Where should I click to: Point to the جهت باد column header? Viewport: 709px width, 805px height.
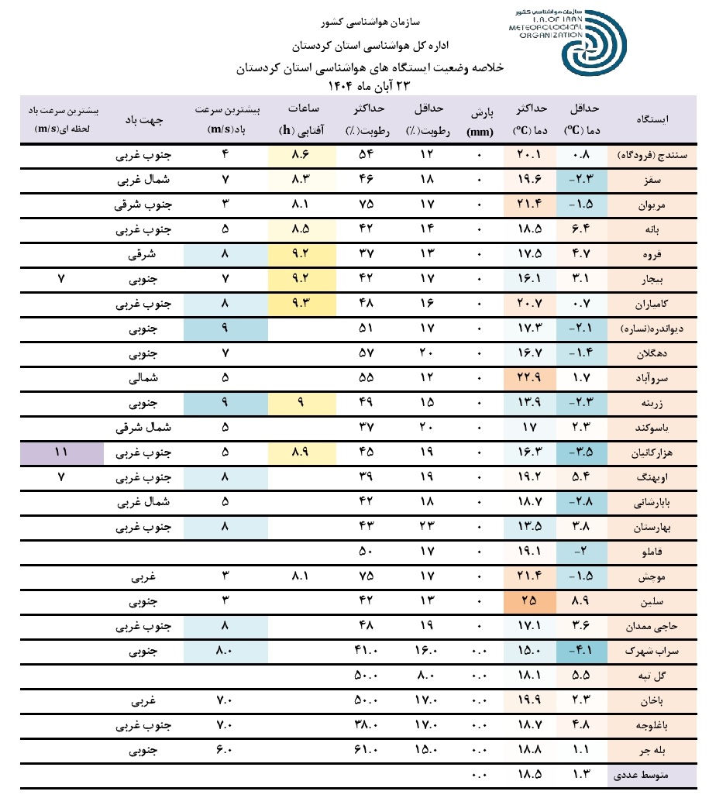pyautogui.click(x=143, y=121)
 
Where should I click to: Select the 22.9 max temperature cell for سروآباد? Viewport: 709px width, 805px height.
pyautogui.click(x=529, y=380)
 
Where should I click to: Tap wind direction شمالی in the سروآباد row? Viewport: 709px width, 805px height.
pyautogui.click(x=143, y=380)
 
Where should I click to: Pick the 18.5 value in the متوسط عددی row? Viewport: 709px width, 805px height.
pyautogui.click(x=529, y=774)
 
